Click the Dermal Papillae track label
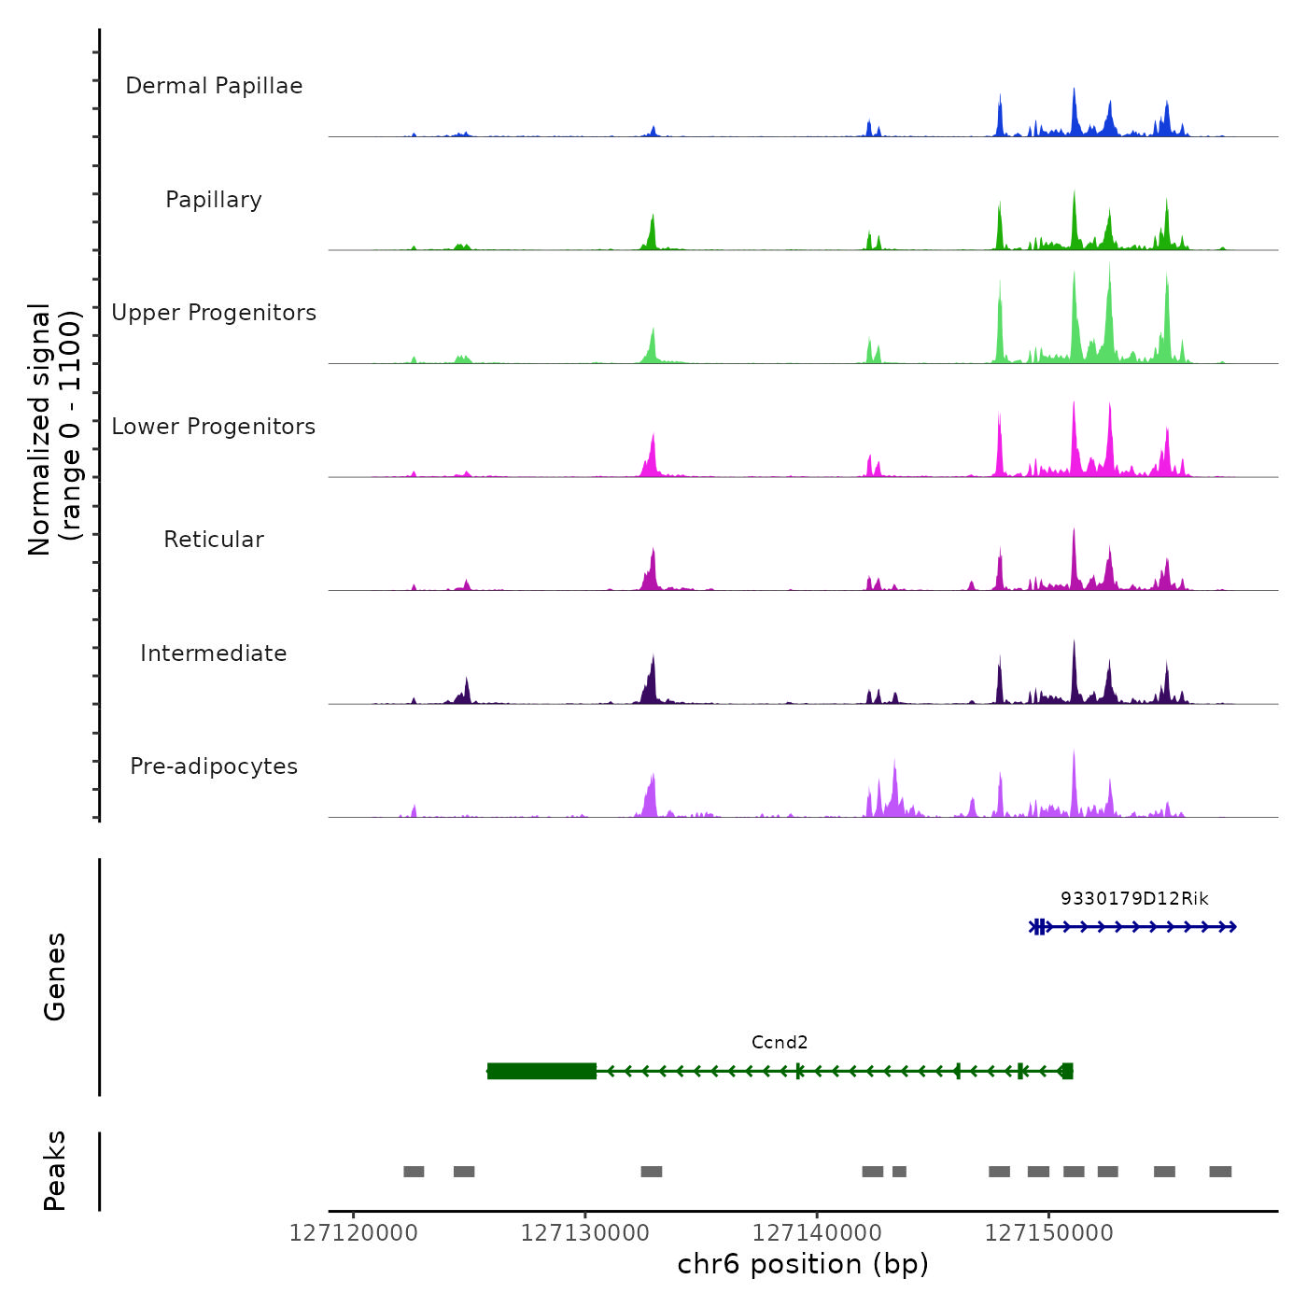click(214, 86)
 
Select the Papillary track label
click(214, 200)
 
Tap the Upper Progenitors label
click(214, 313)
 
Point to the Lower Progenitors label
click(214, 427)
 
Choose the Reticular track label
click(214, 540)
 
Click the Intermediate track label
click(214, 653)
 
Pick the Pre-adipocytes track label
click(214, 766)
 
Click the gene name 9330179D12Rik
click(1134, 899)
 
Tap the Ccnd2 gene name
click(780, 1043)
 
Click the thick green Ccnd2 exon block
click(541, 1071)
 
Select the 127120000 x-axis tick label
click(354, 1233)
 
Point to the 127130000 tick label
click(585, 1233)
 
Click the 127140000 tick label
click(817, 1233)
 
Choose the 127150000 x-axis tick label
click(1049, 1233)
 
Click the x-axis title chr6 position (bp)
click(803, 1264)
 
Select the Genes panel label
click(54, 977)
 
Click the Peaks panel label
click(54, 1171)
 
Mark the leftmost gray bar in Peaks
click(414, 1172)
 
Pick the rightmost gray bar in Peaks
click(1220, 1172)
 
